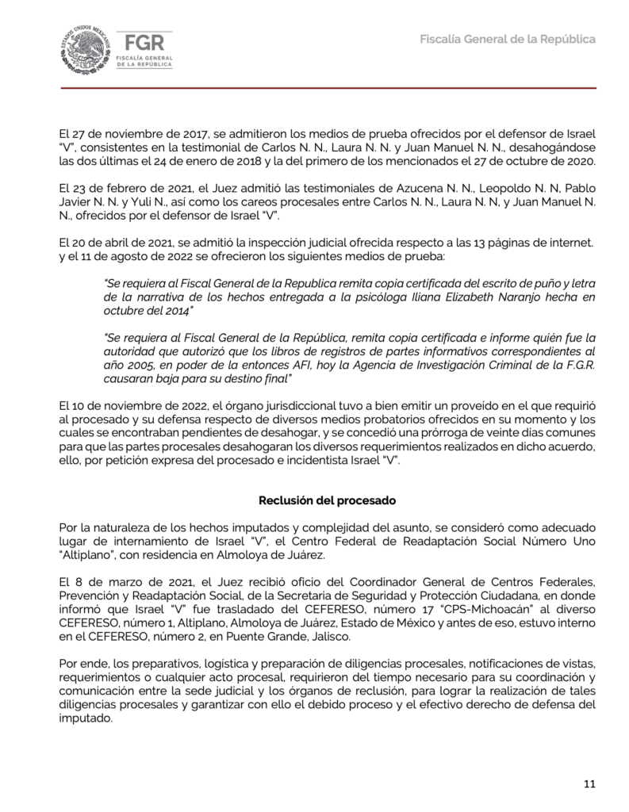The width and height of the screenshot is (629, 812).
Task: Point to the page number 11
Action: [589, 784]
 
